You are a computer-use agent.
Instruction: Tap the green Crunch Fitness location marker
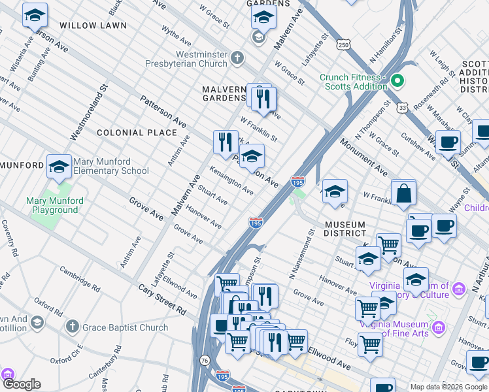click(397, 82)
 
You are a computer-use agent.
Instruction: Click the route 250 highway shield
click(345, 44)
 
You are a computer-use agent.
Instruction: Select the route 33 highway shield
click(404, 106)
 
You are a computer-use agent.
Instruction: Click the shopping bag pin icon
click(404, 193)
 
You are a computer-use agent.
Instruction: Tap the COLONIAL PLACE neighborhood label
click(137, 133)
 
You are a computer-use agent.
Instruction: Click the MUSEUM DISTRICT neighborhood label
click(345, 229)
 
